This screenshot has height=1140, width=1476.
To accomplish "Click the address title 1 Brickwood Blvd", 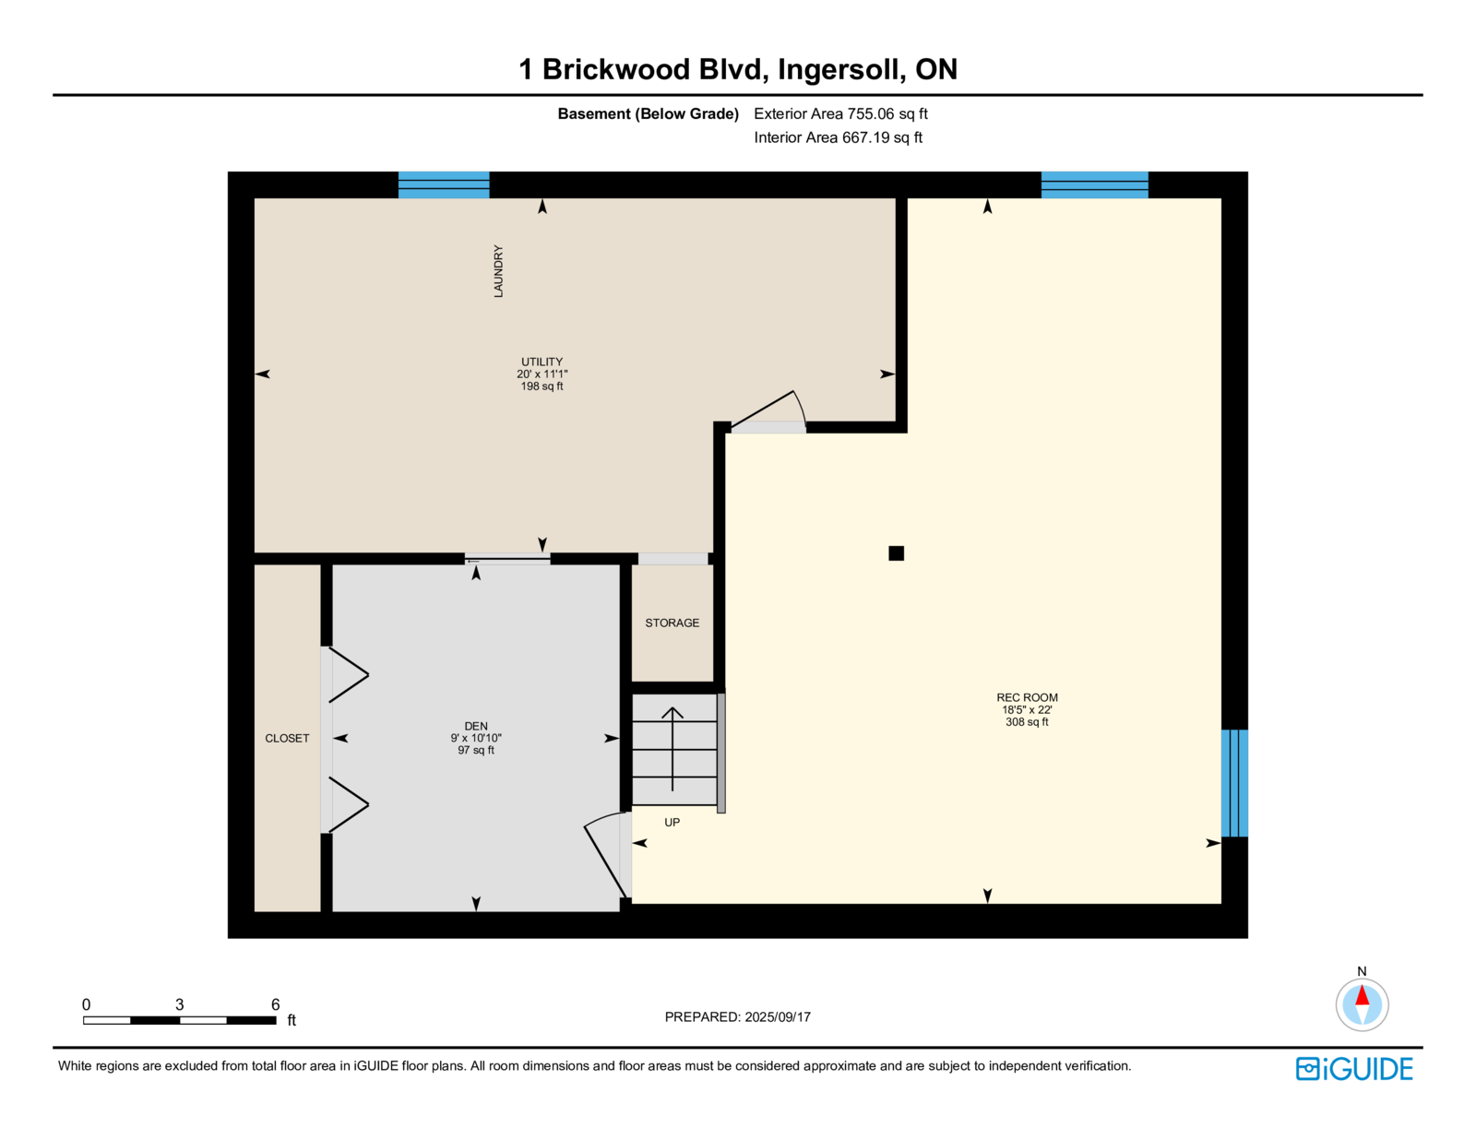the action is (x=737, y=69).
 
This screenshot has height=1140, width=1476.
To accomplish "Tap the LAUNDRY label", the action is (x=498, y=270).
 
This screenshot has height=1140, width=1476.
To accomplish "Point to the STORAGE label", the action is (x=672, y=623).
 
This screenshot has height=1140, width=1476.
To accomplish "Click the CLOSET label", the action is (x=287, y=738).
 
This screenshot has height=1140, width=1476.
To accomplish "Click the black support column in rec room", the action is (x=896, y=553).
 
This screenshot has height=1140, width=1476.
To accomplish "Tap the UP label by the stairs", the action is (x=672, y=823).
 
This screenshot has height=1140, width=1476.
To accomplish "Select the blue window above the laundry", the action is (x=444, y=184).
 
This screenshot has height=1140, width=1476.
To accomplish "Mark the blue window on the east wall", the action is (x=1234, y=783).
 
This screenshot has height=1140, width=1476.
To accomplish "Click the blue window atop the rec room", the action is (x=1094, y=184).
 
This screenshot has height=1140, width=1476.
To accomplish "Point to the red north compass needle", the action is (x=1363, y=995).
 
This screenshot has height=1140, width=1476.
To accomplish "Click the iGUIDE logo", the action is (x=1354, y=1069).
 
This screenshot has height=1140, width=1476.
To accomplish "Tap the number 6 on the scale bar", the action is (x=275, y=1004).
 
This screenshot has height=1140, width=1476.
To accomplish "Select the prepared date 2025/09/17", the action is (x=737, y=1016).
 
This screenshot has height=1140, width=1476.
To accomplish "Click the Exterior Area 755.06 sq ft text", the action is (x=840, y=114).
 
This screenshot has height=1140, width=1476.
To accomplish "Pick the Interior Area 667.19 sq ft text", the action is (x=838, y=138).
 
